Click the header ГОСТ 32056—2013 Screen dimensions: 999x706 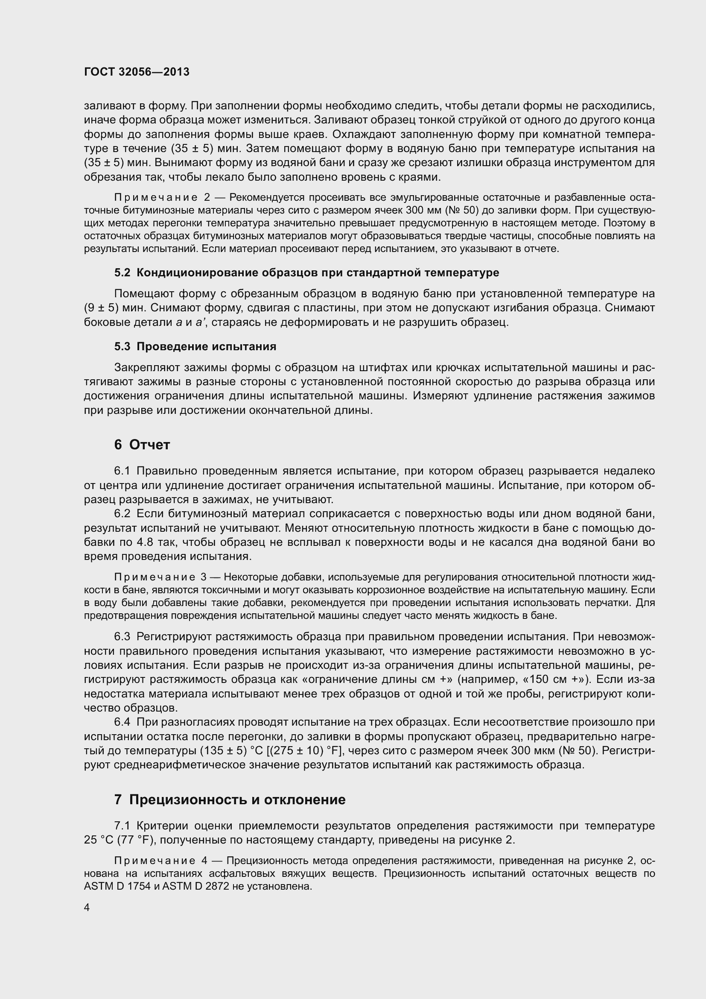pyautogui.click(x=137, y=72)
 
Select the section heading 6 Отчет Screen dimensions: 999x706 pyautogui.click(x=142, y=445)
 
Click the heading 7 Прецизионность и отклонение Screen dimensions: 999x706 pyautogui.click(x=230, y=800)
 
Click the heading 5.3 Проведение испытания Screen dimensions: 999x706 pyautogui.click(x=195, y=347)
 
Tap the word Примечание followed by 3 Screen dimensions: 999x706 pyautogui.click(x=155, y=577)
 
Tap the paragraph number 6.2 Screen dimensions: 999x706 pyautogui.click(x=122, y=514)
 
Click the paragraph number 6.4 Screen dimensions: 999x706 pyautogui.click(x=122, y=722)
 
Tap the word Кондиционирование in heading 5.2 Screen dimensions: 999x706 pyautogui.click(x=198, y=273)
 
